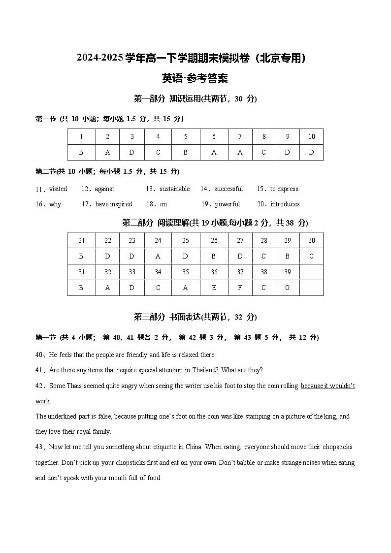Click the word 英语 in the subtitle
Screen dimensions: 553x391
171,78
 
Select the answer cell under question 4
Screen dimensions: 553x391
158,152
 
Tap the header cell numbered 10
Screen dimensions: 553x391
311,137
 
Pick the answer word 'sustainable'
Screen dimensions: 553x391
174,189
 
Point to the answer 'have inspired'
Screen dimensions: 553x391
114,204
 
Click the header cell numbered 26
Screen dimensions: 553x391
214,241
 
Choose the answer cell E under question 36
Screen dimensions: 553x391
214,288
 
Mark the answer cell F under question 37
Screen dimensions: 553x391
240,288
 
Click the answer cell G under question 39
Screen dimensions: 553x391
287,288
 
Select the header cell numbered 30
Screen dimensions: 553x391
311,241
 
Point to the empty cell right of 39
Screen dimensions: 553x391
311,272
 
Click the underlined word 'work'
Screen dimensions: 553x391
43,401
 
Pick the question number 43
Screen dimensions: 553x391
39,447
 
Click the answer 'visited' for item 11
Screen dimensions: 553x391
58,189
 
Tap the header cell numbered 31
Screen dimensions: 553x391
81,272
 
